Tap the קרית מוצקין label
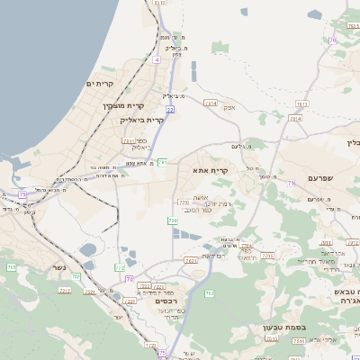pyautogui.click(x=123, y=105)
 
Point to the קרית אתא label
pyautogui.click(x=211, y=168)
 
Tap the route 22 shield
pyautogui.click(x=169, y=109)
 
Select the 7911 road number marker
pyautogui.click(x=128, y=141)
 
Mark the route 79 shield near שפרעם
pyautogui.click(x=291, y=184)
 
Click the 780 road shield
pyautogui.click(x=172, y=220)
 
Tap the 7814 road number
pyautogui.click(x=211, y=103)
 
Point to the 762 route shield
pyautogui.click(x=210, y=293)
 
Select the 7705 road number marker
pyautogui.click(x=184, y=202)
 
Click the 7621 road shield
pyautogui.click(x=191, y=261)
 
